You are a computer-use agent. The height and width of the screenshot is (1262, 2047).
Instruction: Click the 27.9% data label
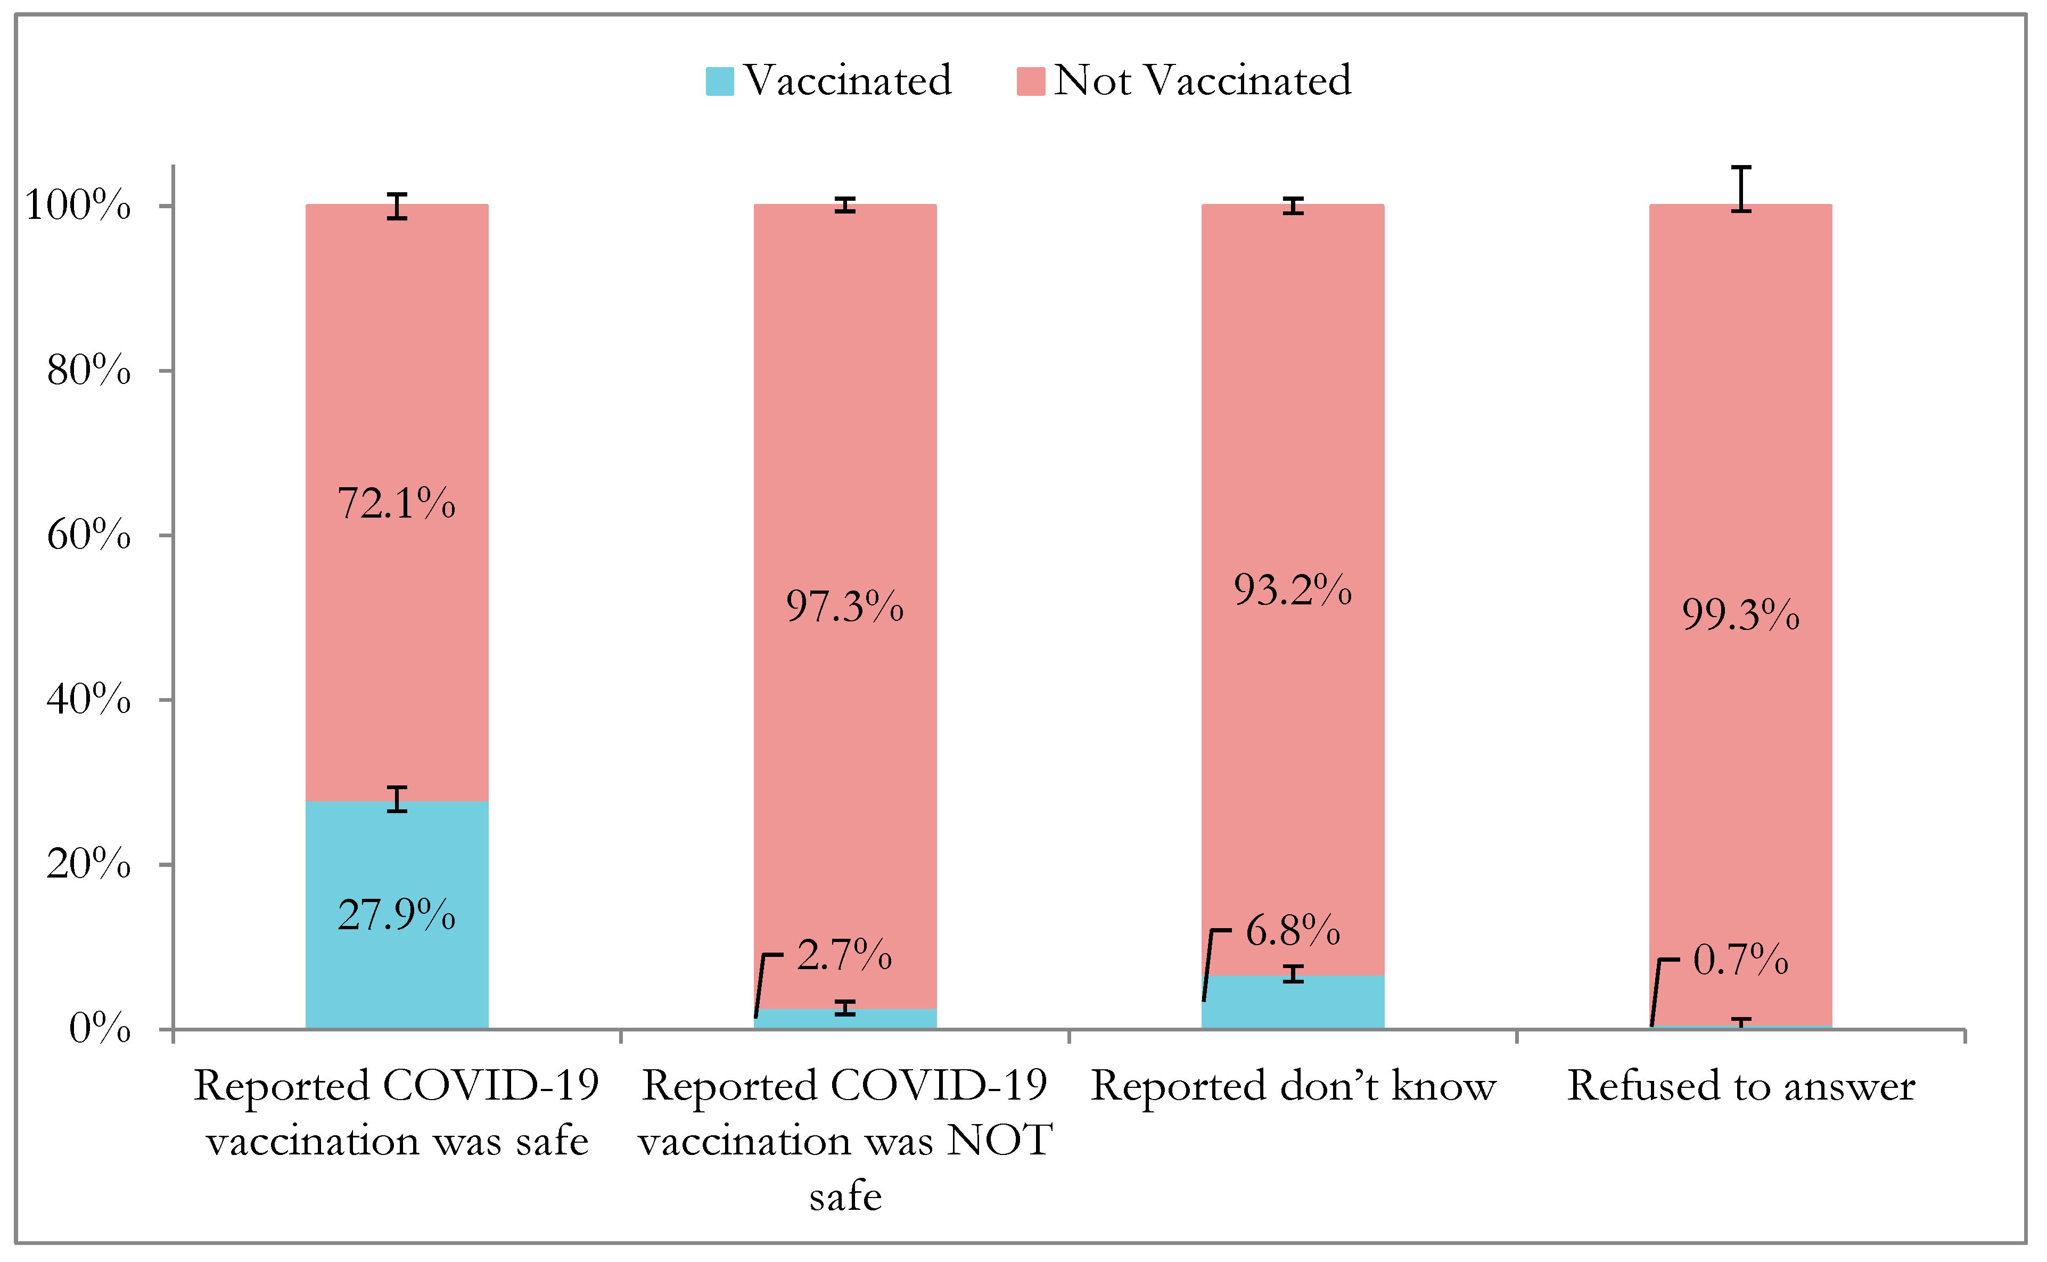[397, 916]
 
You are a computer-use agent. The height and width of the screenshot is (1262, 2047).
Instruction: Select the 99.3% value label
[1741, 615]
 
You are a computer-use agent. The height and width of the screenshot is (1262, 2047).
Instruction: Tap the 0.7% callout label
[1741, 961]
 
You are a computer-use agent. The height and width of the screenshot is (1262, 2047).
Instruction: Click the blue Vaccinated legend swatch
[719, 81]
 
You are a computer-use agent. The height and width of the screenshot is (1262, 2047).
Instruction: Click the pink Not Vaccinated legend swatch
[1031, 81]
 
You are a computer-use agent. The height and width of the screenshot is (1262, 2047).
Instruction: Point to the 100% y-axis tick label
[78, 206]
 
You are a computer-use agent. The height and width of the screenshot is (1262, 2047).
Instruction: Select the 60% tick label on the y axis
[88, 535]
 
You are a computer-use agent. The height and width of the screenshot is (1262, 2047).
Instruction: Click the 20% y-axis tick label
[88, 864]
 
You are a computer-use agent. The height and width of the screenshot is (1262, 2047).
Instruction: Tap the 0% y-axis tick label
[100, 1028]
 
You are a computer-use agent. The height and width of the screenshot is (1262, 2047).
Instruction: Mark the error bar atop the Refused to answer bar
[1741, 189]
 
